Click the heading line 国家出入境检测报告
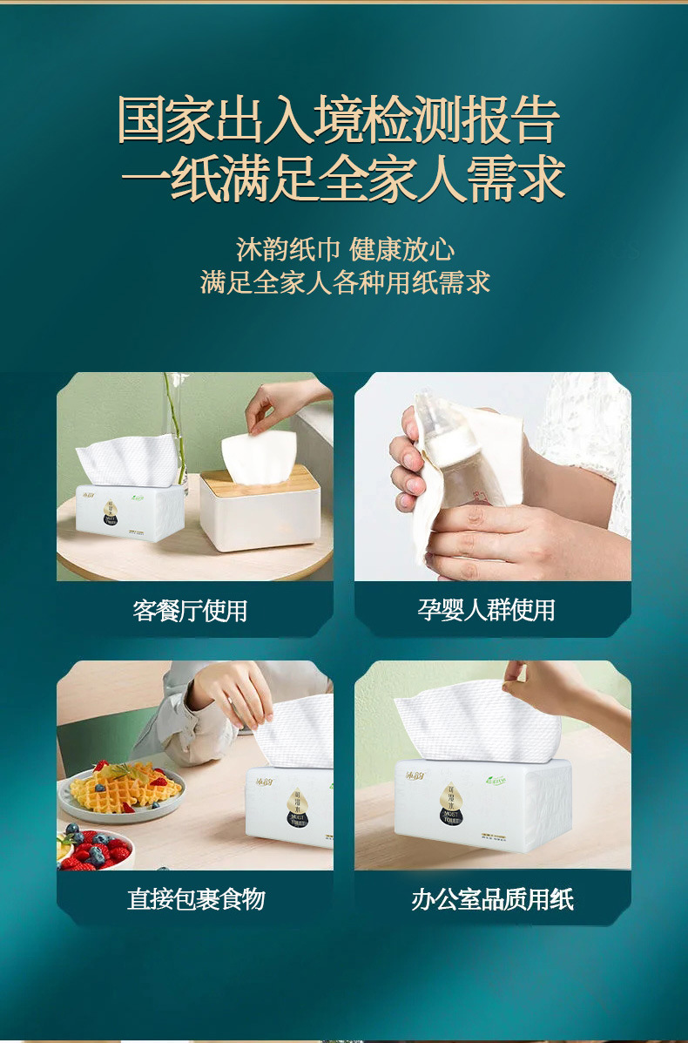pyautogui.click(x=340, y=120)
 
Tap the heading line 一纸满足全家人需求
pyautogui.click(x=343, y=179)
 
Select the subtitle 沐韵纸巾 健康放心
pyautogui.click(x=345, y=249)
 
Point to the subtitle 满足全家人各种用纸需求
pyautogui.click(x=345, y=282)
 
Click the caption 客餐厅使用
pyautogui.click(x=191, y=610)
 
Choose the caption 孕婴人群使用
pyautogui.click(x=487, y=610)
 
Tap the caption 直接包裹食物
pyautogui.click(x=196, y=898)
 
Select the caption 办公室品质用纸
pyautogui.click(x=493, y=898)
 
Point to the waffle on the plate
pyautogui.click(x=122, y=787)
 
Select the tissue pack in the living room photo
pyautogui.click(x=131, y=512)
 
